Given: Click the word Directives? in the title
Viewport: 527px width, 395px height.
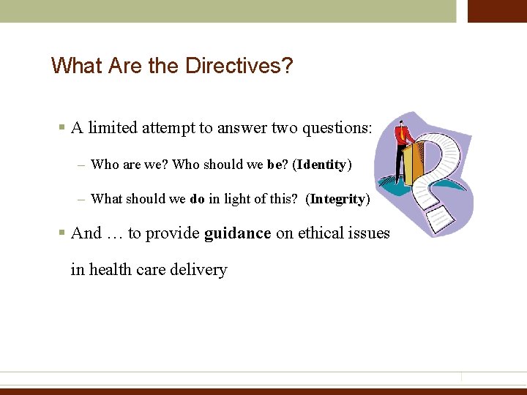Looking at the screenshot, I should pyautogui.click(x=239, y=67).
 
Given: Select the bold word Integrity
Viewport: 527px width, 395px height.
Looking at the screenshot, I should pyautogui.click(x=337, y=199).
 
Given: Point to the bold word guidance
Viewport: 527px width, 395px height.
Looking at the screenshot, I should pyautogui.click(x=238, y=233).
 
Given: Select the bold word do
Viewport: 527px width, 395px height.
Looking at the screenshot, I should pyautogui.click(x=198, y=199).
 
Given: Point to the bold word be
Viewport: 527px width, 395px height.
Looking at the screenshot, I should pyautogui.click(x=274, y=165).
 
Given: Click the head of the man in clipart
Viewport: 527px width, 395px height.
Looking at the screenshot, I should pyautogui.click(x=400, y=124).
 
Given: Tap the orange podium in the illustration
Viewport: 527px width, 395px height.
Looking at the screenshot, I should pyautogui.click(x=414, y=165).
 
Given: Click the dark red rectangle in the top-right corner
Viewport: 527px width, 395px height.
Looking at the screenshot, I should pyautogui.click(x=497, y=11).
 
